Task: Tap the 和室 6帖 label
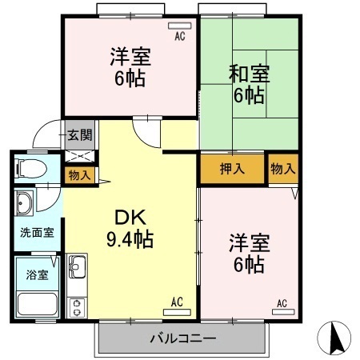250,84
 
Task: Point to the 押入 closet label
233,169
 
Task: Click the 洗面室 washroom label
37,232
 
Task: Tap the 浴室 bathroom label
37,274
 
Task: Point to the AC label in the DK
177,302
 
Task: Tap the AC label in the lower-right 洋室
282,302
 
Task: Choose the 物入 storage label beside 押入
282,169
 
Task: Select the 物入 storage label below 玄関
79,174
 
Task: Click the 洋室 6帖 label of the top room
130,69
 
